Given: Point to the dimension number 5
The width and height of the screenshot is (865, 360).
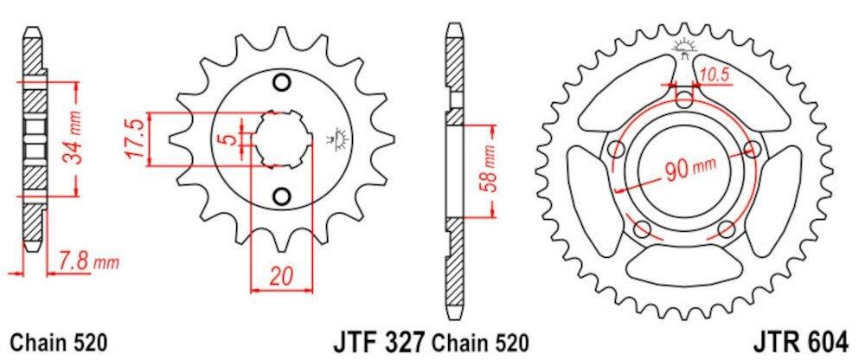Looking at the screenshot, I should [x=223, y=140].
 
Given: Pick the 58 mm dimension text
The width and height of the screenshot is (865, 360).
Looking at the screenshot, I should [x=490, y=169].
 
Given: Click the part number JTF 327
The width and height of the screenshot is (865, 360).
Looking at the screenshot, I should [x=379, y=341].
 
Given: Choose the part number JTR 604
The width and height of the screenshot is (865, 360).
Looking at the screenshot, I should [x=805, y=341].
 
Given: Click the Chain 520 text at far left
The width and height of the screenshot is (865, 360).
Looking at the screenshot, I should [x=60, y=342].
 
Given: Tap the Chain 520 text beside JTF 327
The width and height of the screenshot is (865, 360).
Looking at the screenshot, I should [x=480, y=342].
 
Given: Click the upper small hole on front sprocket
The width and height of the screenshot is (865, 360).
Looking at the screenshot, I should [x=280, y=83].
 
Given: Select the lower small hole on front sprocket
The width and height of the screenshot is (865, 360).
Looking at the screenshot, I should [x=280, y=195].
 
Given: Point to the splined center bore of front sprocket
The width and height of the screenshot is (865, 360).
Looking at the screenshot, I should [x=280, y=138].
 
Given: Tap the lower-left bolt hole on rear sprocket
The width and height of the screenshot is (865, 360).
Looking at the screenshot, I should [x=641, y=228].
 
